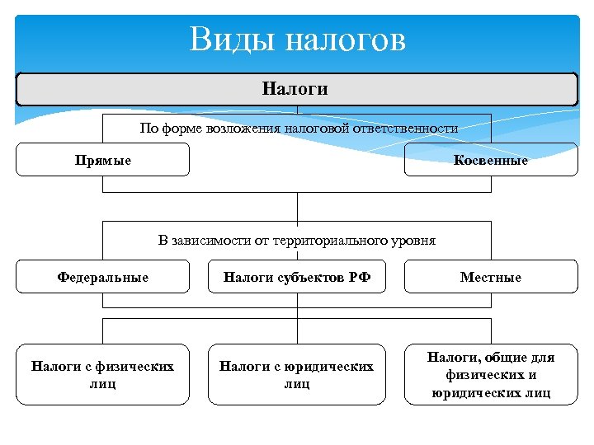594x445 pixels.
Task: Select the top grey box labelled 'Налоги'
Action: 297,89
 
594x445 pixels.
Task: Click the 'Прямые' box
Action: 103,160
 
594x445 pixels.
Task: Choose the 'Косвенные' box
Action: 491,160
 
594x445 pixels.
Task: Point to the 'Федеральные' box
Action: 103,277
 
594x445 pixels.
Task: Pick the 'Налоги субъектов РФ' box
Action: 297,277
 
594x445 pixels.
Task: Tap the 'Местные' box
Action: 491,277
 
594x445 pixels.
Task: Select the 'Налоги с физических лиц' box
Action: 103,374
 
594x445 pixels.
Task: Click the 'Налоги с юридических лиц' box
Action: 297,374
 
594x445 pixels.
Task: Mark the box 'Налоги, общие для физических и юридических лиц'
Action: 491,374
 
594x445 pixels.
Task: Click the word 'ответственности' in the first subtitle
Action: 414,129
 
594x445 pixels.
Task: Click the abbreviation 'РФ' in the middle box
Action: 360,277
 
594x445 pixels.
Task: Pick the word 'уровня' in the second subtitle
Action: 415,241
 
